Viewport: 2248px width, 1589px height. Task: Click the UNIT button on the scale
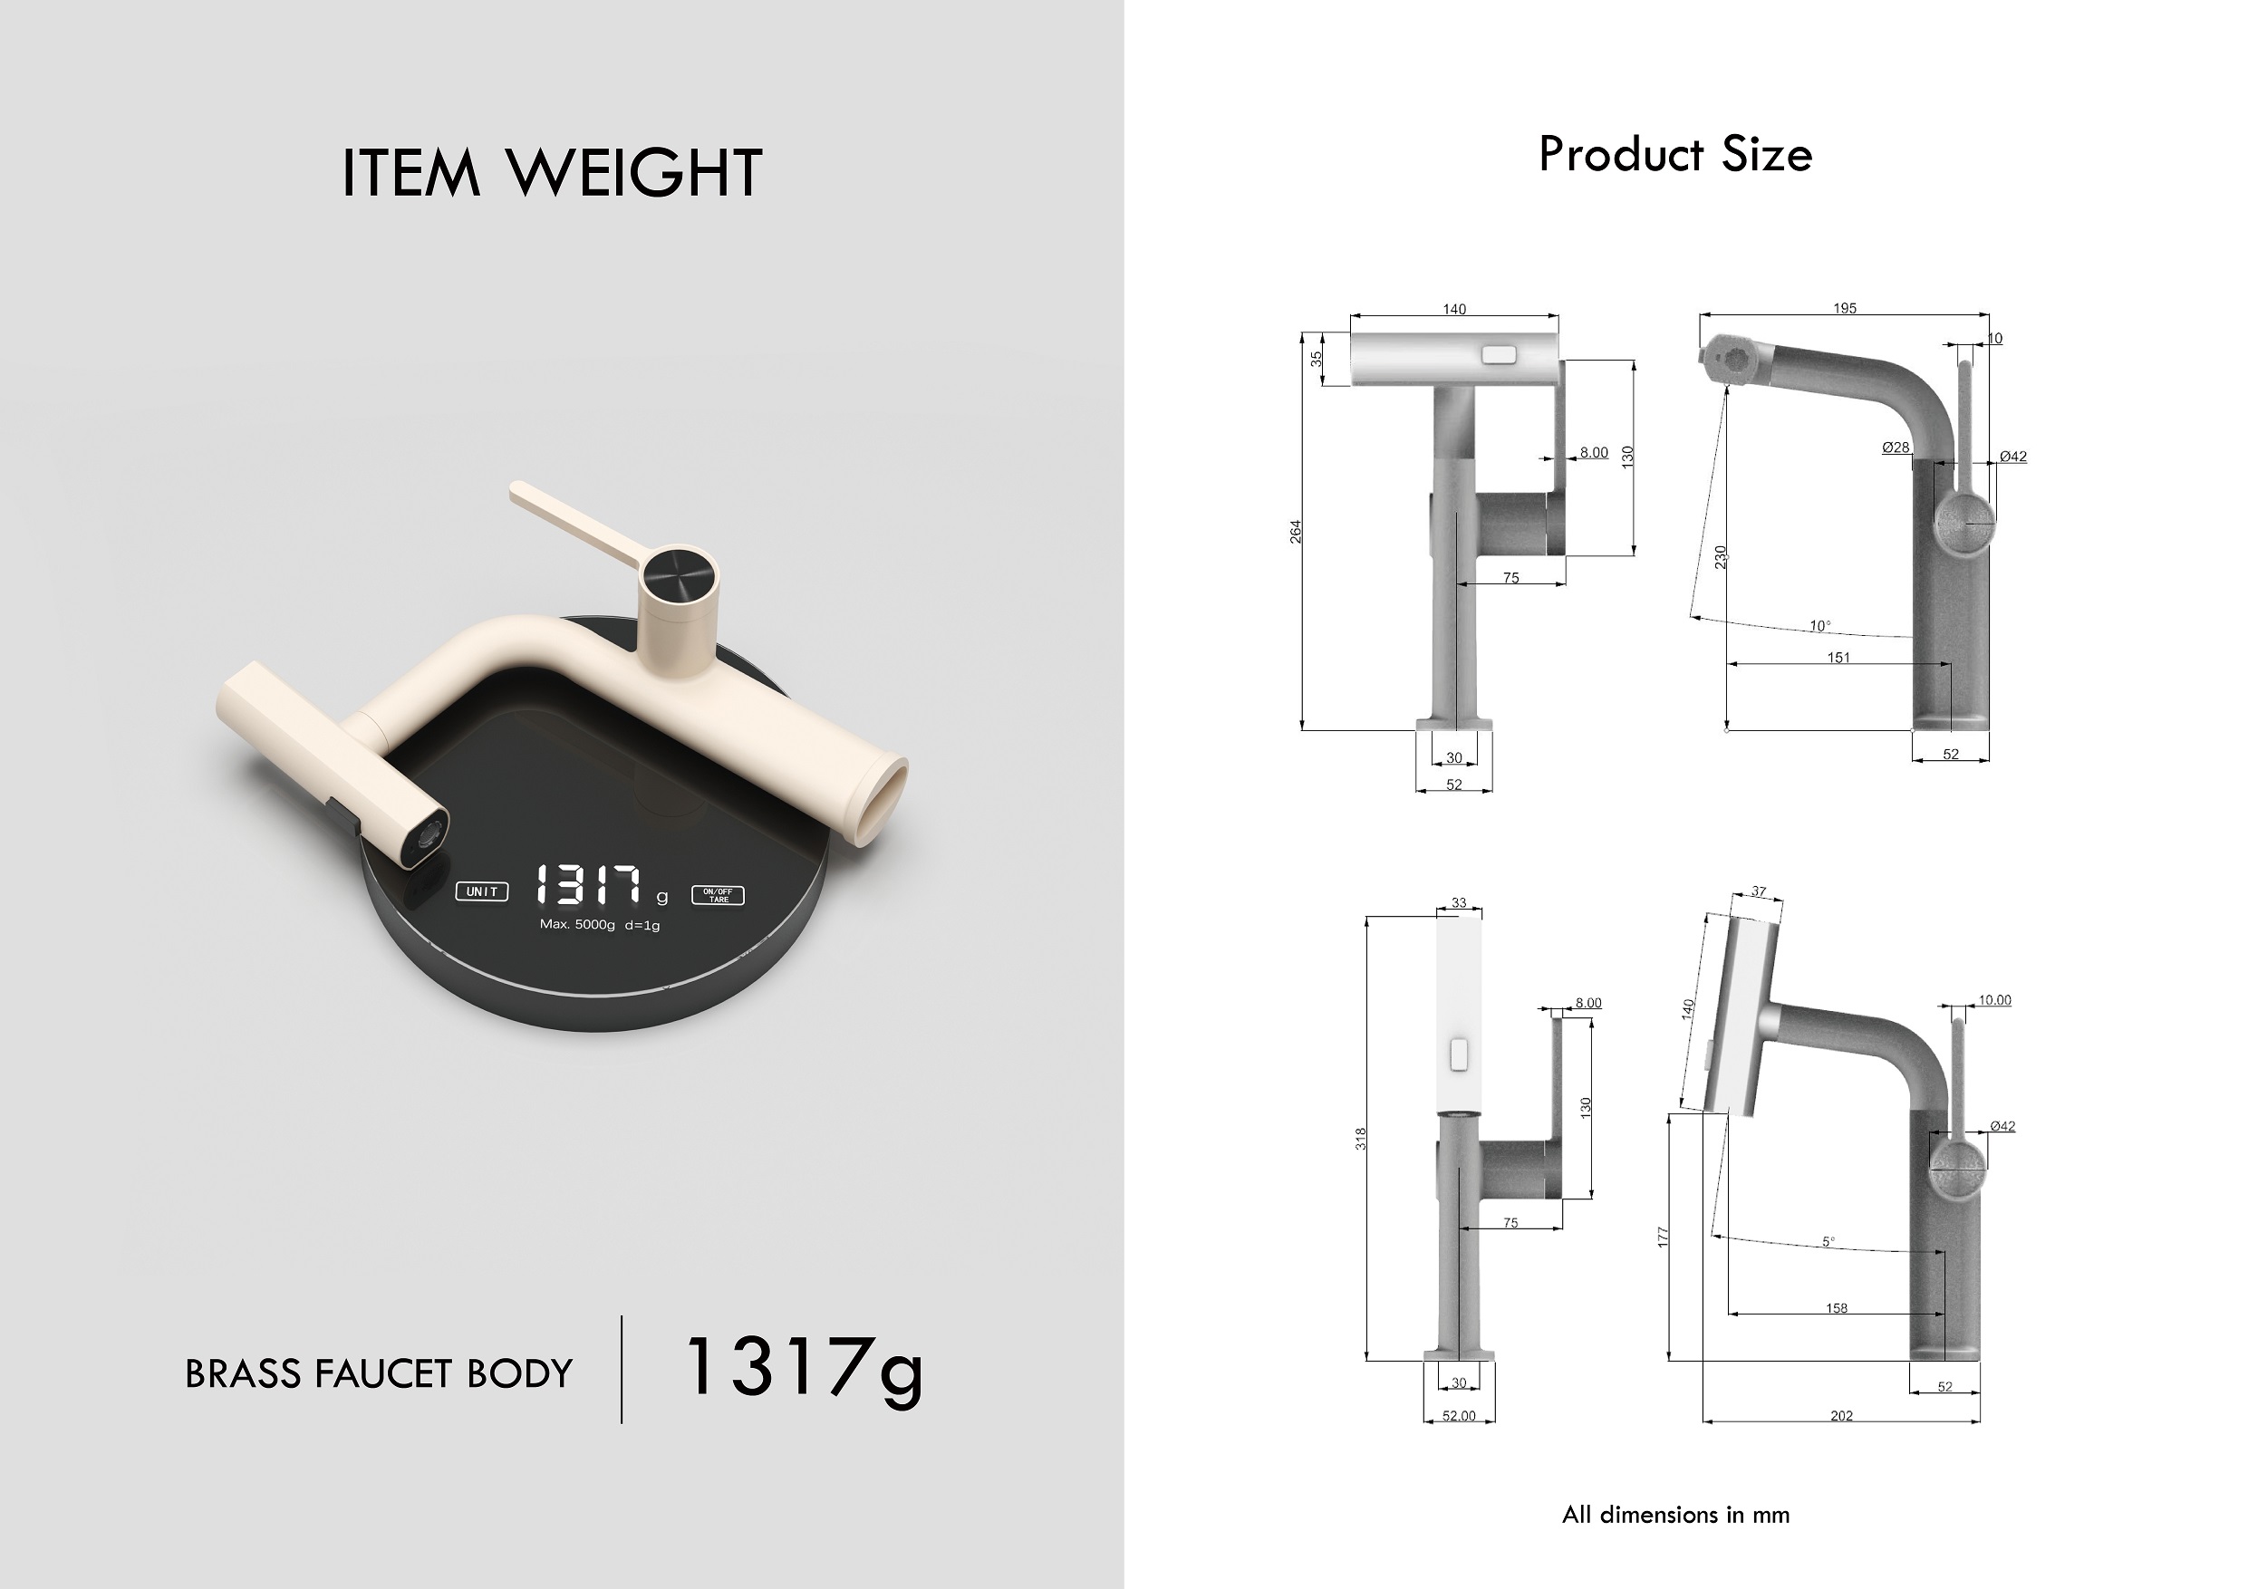pos(482,892)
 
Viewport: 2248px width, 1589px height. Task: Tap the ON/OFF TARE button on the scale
pos(718,896)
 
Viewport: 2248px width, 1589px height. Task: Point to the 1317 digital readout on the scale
pos(590,885)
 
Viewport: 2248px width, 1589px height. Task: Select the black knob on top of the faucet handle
pos(678,570)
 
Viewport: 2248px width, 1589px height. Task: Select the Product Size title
pos(1675,155)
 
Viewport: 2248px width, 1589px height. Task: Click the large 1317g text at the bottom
pos(803,1369)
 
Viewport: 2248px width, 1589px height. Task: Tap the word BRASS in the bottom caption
pos(243,1374)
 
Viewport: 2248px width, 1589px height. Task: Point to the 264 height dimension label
pos(1296,532)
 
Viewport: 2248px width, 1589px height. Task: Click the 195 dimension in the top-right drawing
pos(1845,308)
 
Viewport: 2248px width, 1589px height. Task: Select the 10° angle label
pos(1819,626)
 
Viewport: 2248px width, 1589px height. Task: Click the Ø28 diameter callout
pos(1896,448)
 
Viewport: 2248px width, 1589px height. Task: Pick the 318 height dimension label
pos(1360,1139)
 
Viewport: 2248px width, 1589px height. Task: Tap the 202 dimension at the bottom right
pos(1842,1416)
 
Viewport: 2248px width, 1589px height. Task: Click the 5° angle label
pos(1828,1241)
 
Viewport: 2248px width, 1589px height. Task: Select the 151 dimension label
pos(1838,658)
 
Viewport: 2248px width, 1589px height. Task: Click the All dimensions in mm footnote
pos(1675,1515)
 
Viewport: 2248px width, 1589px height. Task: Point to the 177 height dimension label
pos(1663,1237)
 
